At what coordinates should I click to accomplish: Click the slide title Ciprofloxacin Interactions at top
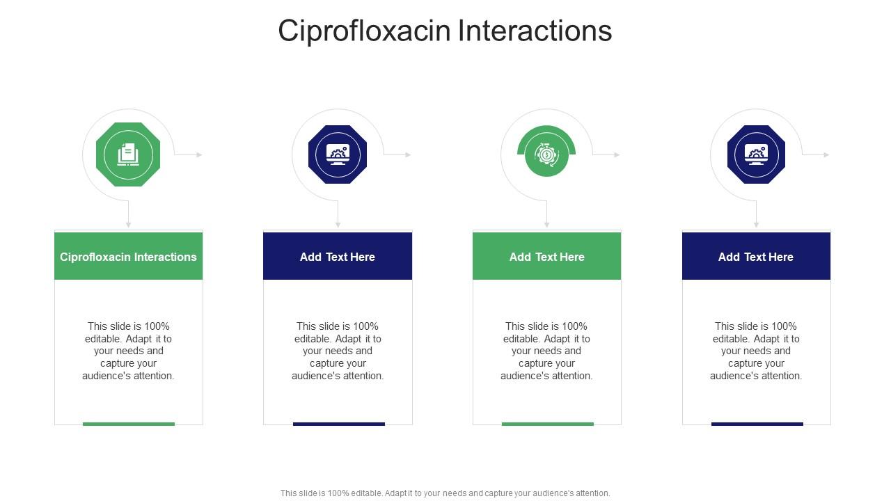[445, 31]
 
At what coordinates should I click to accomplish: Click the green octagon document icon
[128, 154]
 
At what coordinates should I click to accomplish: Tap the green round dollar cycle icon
[546, 154]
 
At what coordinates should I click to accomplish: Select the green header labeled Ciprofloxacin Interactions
[129, 257]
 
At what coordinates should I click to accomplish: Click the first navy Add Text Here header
[338, 257]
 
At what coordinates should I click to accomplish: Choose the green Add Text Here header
[546, 257]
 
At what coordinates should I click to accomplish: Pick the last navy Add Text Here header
[756, 257]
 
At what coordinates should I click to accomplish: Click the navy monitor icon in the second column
[338, 154]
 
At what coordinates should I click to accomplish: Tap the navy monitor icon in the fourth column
[756, 154]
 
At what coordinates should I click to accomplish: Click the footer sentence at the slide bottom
[445, 493]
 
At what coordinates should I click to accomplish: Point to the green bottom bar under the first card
[129, 423]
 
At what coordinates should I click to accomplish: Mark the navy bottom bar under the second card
[339, 423]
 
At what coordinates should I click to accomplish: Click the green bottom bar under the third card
[548, 423]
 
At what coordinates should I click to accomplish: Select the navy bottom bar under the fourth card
[757, 423]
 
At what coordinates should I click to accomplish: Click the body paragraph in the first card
[129, 351]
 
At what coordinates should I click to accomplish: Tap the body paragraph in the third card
[546, 351]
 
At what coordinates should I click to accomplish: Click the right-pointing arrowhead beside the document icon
[200, 154]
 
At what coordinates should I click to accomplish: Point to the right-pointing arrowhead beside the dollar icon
[617, 154]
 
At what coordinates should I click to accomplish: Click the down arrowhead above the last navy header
[756, 225]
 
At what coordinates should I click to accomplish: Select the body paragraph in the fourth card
[756, 351]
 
